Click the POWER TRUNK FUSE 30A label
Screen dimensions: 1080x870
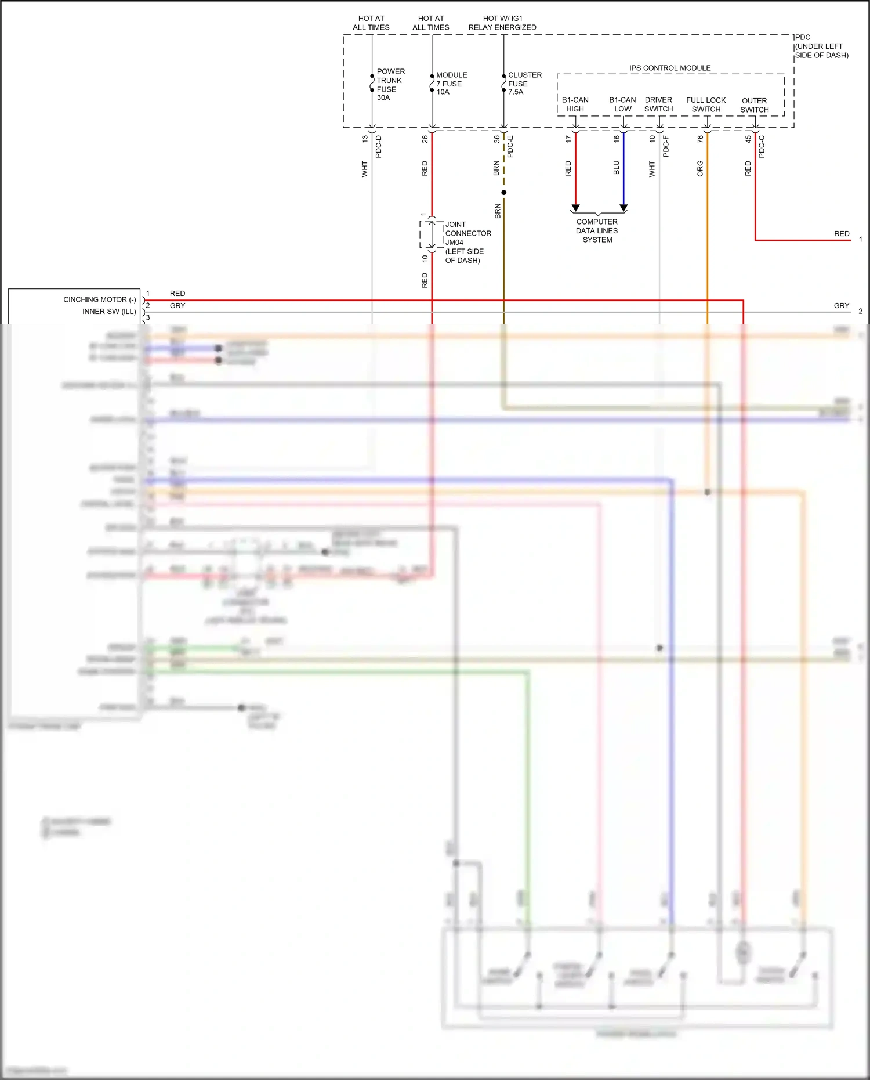(390, 85)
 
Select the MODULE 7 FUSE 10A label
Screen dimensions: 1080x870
(451, 84)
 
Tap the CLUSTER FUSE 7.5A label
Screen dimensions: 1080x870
(524, 84)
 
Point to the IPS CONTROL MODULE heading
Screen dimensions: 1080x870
(670, 68)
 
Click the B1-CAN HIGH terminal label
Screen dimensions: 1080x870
(575, 104)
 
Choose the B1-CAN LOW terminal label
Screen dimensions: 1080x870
(622, 104)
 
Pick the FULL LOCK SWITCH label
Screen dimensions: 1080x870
(706, 104)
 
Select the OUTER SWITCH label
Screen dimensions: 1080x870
(754, 105)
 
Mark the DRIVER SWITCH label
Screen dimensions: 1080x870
(658, 104)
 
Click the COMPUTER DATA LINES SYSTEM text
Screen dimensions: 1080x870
(597, 230)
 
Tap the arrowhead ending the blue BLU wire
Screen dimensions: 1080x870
(623, 208)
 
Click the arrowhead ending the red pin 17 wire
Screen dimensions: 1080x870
(575, 208)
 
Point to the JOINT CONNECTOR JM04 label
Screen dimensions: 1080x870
(467, 242)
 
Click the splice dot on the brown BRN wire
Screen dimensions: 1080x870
(503, 193)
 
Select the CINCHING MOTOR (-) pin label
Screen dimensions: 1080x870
(99, 299)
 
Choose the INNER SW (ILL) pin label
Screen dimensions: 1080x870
(109, 312)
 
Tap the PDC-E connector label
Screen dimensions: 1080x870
(510, 146)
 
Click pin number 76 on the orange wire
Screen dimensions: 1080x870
(700, 139)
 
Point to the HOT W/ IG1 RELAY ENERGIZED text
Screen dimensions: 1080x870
(502, 23)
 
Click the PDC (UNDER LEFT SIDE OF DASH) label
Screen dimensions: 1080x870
(821, 46)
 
